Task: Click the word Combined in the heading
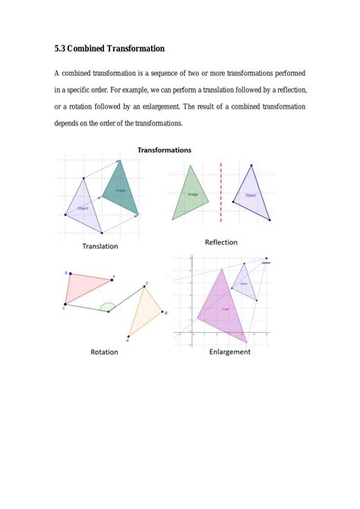(92, 49)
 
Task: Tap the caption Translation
(100, 246)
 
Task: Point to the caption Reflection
(221, 242)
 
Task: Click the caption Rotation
(104, 352)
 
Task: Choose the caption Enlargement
(229, 352)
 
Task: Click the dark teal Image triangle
(121, 191)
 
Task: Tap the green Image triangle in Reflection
(188, 194)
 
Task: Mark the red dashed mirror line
(221, 194)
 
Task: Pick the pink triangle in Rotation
(86, 286)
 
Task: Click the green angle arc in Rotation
(109, 306)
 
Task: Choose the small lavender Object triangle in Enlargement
(243, 283)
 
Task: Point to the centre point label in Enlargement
(266, 262)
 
